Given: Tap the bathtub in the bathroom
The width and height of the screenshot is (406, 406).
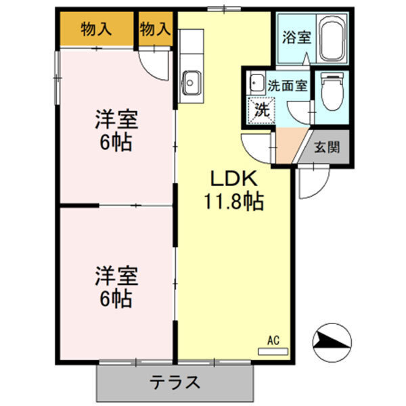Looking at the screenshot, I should [x=332, y=39].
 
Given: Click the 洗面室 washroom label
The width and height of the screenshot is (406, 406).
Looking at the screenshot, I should [x=287, y=86].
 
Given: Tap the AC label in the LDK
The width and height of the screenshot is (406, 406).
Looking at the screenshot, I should [x=273, y=340].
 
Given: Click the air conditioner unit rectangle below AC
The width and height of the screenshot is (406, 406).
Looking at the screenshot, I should [x=273, y=351].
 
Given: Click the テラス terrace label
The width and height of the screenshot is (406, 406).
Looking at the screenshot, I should [x=175, y=383].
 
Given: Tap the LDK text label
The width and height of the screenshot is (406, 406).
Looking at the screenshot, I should [x=233, y=179].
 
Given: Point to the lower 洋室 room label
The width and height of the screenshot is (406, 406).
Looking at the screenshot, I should [x=116, y=276].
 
